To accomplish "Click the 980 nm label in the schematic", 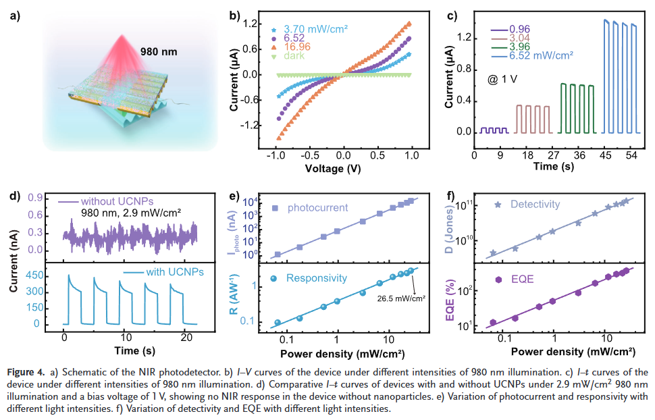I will (160, 51).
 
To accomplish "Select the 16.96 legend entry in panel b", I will (297, 48).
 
